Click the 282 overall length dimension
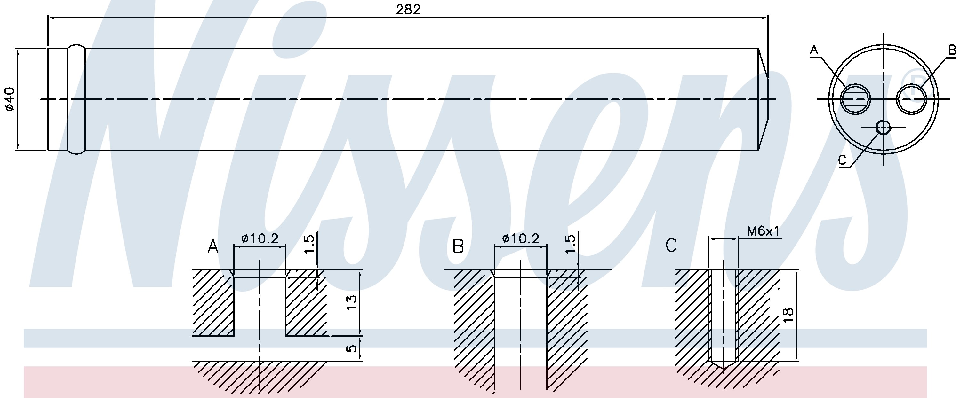click(408, 10)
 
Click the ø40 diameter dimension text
click(10, 99)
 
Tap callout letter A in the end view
click(813, 60)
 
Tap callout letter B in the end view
click(951, 60)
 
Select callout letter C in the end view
click(842, 160)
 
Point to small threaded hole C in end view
click(883, 127)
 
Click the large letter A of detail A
click(213, 246)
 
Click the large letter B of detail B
click(458, 246)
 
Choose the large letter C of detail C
click(671, 246)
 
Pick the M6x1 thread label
click(763, 231)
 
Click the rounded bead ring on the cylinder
click(76, 99)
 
